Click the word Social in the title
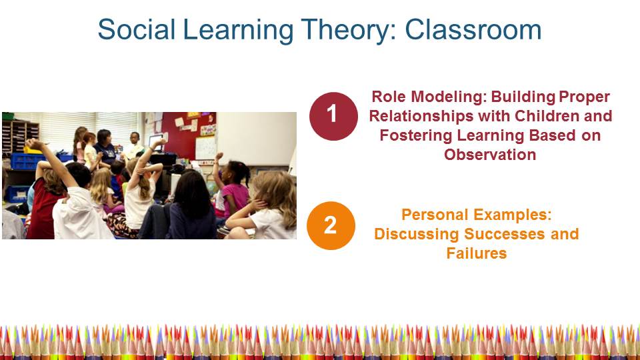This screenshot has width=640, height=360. (136, 30)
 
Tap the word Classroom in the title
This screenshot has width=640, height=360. (473, 30)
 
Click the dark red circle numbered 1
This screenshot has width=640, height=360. (333, 116)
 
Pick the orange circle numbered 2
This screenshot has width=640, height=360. (331, 225)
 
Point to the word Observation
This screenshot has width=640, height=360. (490, 155)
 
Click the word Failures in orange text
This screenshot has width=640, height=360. (476, 253)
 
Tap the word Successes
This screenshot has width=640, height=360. (505, 234)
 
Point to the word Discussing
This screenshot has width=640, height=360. (417, 234)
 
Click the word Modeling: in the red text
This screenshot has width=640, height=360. (448, 97)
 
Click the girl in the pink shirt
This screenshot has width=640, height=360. (233, 189)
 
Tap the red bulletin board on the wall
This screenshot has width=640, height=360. (187, 135)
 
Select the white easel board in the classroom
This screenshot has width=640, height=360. (206, 148)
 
